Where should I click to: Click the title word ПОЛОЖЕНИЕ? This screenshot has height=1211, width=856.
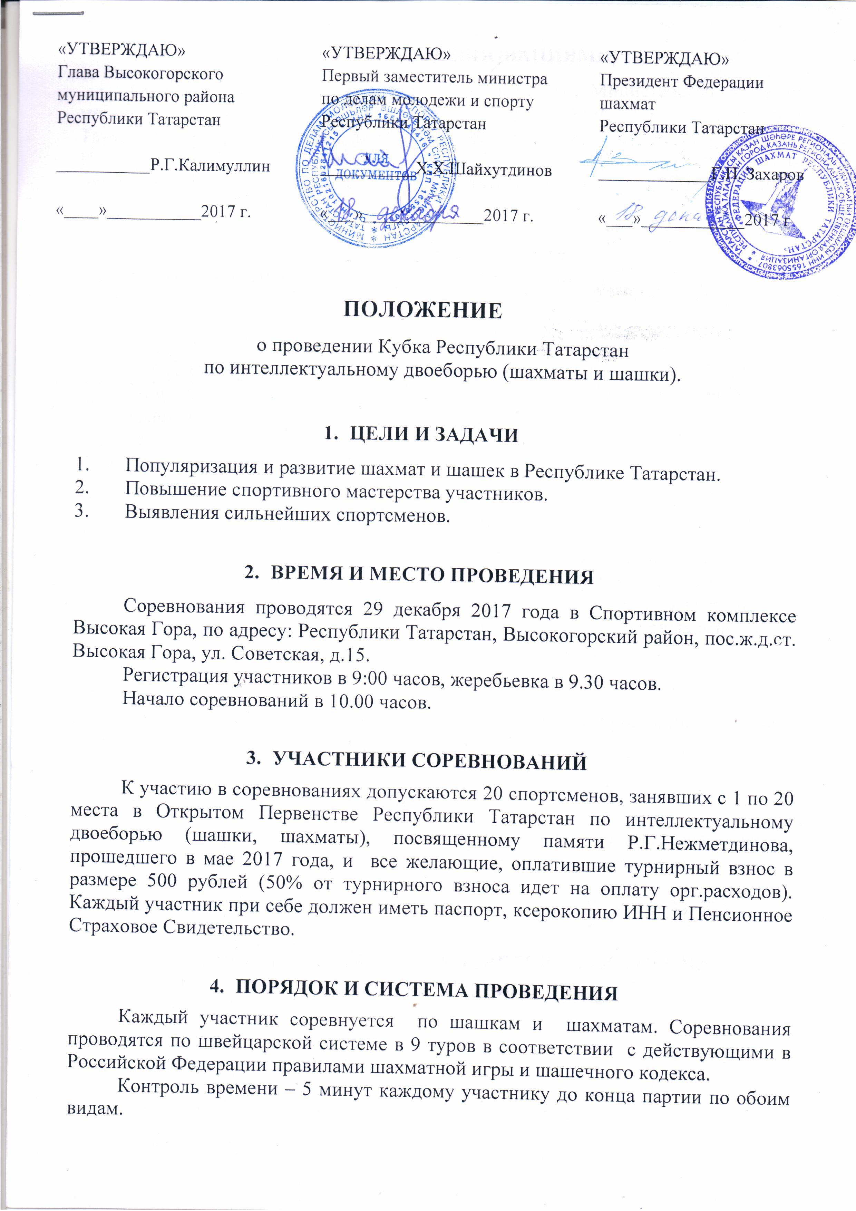[422, 310]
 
